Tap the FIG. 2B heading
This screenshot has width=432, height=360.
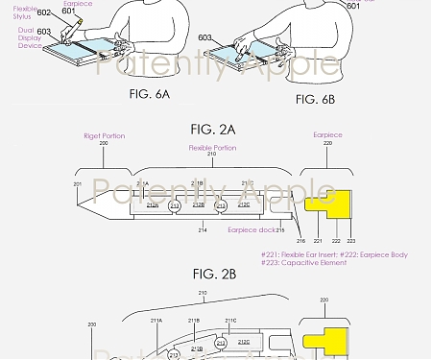214,275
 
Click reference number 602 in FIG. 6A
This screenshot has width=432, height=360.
43,13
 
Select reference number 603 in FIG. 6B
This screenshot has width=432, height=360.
204,39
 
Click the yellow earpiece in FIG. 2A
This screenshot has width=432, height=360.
323,202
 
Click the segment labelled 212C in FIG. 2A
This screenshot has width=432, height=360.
243,204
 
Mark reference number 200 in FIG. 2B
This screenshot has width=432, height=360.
92,326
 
